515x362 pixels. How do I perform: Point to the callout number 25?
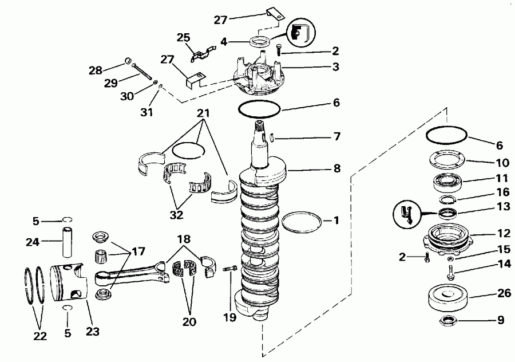tap(183, 38)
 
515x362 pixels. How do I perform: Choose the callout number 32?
tap(178, 217)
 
